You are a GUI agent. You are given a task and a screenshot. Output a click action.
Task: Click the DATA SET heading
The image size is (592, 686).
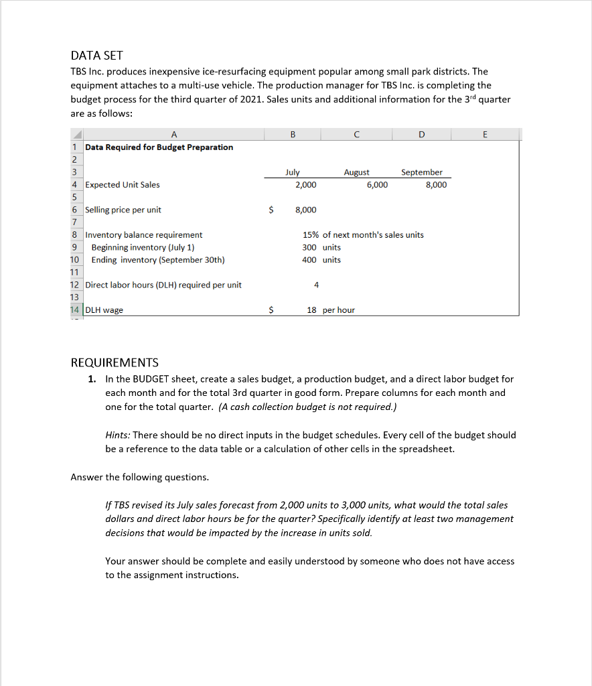pos(97,56)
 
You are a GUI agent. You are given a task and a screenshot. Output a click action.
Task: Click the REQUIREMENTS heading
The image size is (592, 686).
pos(115,362)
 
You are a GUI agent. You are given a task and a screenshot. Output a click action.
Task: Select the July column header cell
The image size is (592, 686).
pos(293,172)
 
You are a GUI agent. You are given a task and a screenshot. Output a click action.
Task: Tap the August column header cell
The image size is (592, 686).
pos(356,172)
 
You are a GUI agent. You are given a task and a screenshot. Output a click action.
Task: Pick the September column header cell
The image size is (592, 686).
pos(421,172)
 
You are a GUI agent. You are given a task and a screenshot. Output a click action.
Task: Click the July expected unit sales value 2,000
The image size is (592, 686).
pos(305,185)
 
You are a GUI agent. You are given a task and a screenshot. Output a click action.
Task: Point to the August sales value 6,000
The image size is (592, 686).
pos(376,185)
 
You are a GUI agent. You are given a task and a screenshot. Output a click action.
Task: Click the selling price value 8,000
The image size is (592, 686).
pos(305,210)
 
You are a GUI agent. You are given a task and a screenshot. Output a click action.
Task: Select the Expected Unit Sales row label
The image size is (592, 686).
pos(123,185)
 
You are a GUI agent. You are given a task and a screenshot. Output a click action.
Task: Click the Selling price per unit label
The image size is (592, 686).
pos(123,210)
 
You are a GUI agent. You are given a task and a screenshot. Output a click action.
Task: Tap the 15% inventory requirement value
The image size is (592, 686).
pos(310,234)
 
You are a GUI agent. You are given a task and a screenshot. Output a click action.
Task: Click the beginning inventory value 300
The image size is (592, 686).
pos(309,247)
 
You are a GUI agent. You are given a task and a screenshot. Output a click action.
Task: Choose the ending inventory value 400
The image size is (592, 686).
pos(309,259)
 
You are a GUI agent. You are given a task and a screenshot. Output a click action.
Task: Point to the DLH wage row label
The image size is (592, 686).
pos(104,310)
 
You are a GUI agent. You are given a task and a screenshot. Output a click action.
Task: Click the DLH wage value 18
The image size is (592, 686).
pos(311,310)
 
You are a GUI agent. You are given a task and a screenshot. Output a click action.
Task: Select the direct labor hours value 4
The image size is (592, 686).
pos(316,285)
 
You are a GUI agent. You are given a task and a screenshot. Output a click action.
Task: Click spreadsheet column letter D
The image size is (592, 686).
pos(421,134)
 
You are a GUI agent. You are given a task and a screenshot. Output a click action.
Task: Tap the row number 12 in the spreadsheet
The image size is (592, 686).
pos(75,285)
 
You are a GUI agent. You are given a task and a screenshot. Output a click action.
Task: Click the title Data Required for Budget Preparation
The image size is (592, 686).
pos(159,147)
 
